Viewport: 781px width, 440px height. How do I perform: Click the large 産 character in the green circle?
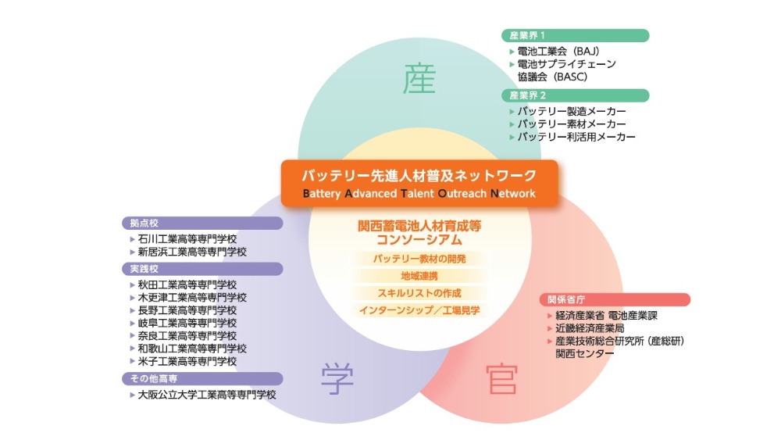419,79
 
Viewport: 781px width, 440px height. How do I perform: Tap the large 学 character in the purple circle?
337,378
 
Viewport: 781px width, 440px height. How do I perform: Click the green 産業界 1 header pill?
576,35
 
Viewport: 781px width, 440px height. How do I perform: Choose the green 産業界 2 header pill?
576,95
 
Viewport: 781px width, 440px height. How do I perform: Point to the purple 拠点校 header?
202,224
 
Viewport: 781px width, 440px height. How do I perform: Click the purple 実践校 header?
202,269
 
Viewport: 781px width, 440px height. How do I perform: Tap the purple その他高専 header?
202,379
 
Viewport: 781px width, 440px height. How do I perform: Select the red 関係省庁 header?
615,299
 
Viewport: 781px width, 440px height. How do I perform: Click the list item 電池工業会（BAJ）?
558,52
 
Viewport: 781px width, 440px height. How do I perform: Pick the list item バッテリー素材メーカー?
572,123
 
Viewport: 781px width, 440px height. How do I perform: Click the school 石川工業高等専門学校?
187,239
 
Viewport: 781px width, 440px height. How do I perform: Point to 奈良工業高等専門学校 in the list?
187,336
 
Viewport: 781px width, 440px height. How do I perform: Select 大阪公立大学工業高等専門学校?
207,395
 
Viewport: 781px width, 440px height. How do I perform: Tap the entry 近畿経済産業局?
590,328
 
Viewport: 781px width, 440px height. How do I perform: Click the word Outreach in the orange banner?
462,193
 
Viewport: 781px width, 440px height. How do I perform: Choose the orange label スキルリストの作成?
419,293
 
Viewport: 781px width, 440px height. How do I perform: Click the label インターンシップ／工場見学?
419,310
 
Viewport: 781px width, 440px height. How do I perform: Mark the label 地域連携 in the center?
419,276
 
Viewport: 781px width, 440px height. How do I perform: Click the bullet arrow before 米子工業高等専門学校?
133,361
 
